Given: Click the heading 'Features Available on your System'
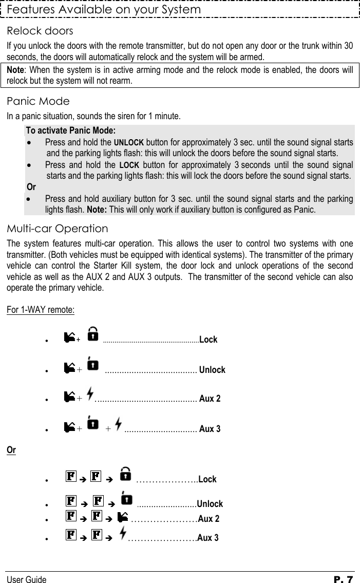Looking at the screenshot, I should point(104,10).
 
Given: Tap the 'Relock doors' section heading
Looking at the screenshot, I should point(40,31).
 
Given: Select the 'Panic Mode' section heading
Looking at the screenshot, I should point(38,101).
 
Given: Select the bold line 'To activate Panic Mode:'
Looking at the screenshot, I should point(71,129).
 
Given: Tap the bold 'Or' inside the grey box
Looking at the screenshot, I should point(31,186).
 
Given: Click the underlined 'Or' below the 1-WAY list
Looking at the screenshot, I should point(11,450).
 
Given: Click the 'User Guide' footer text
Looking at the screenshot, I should point(26,580).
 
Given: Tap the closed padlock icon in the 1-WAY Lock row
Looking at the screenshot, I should point(93,336).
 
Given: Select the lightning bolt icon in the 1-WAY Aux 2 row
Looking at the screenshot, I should point(90,396).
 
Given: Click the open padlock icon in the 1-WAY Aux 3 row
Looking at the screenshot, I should point(93,425).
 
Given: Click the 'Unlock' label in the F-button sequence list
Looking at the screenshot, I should point(210,504).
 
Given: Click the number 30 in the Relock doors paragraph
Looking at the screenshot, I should point(348,45).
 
